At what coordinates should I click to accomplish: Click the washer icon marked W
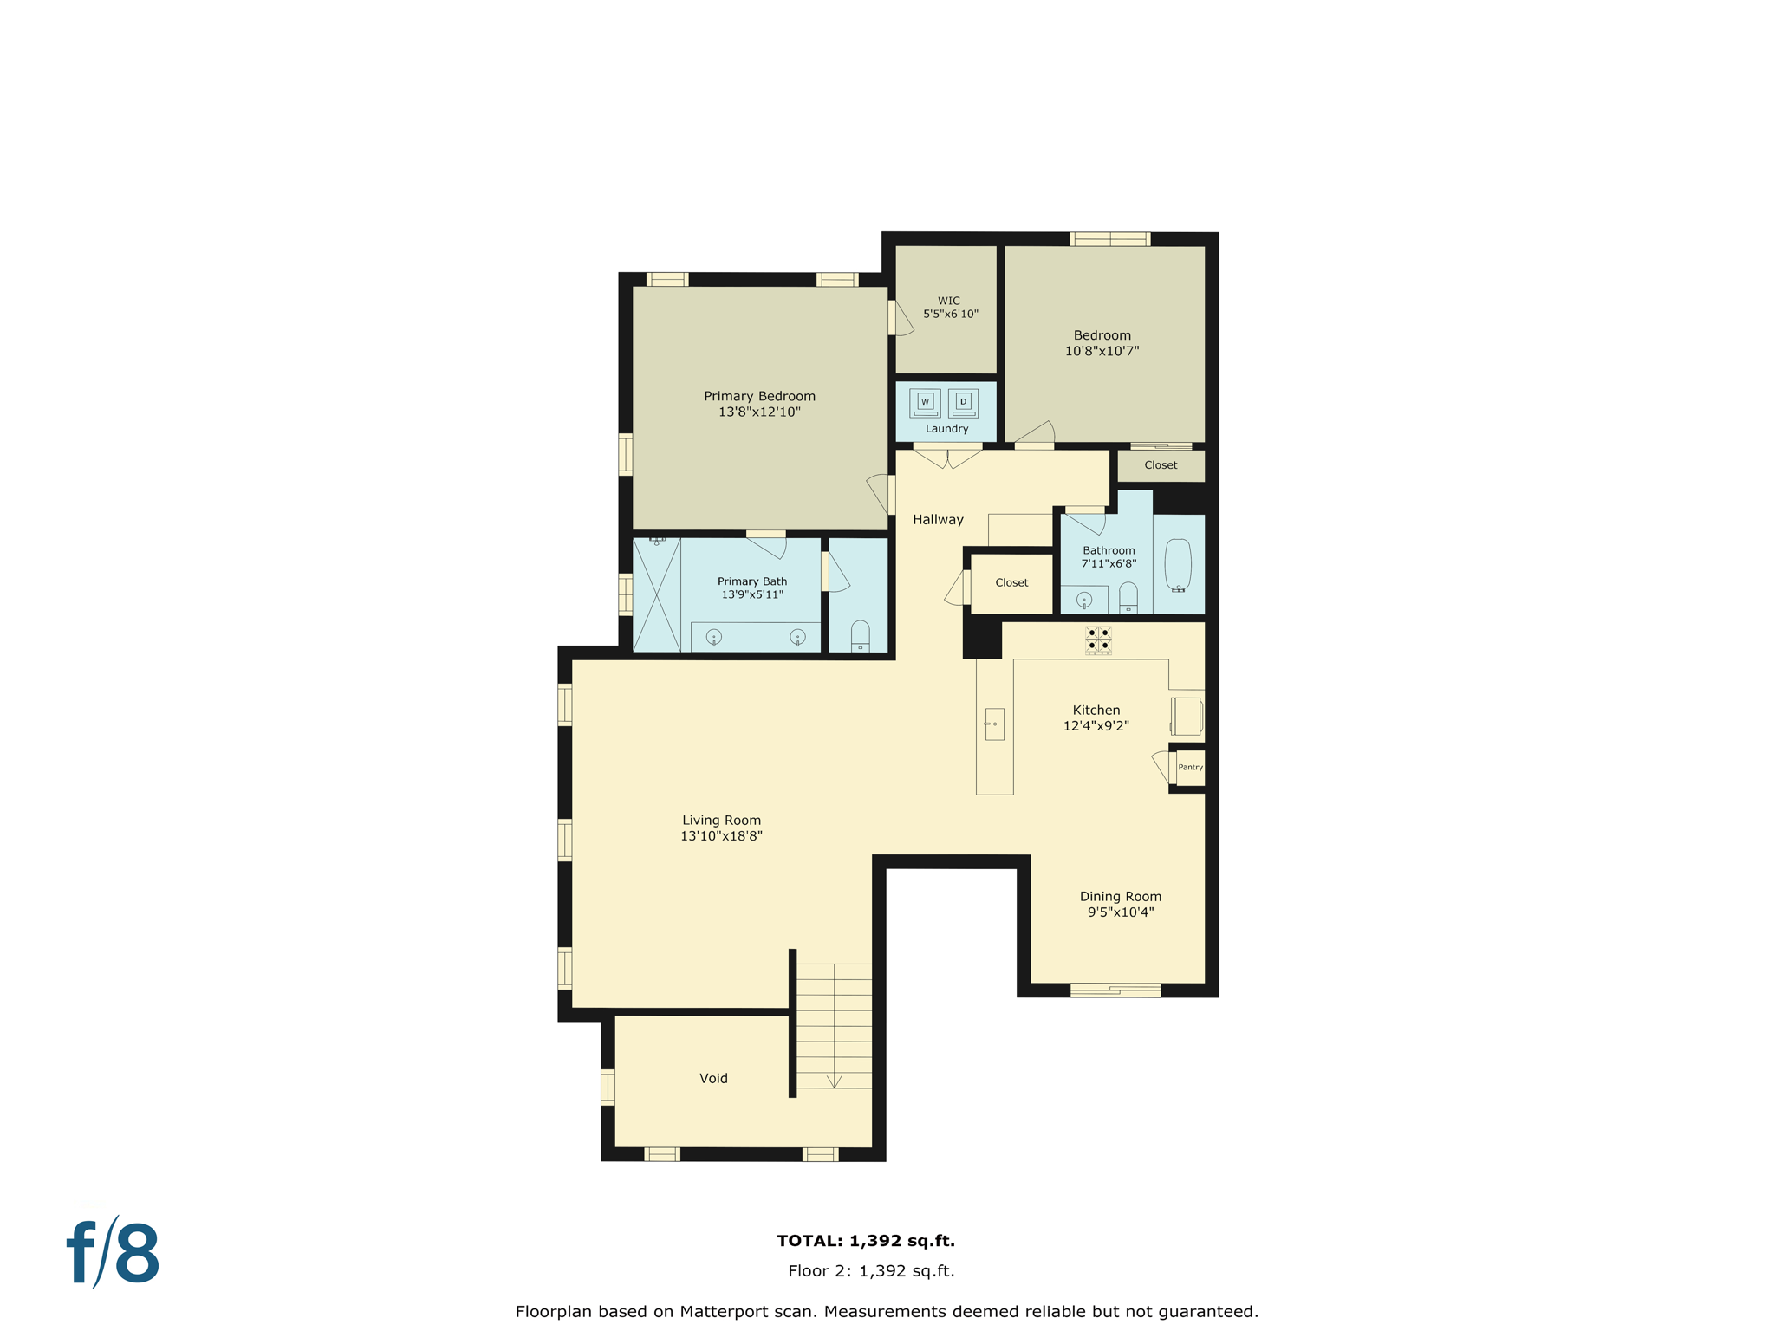point(925,402)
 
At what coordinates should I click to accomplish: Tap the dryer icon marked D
point(963,402)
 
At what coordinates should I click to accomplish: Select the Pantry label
point(1190,767)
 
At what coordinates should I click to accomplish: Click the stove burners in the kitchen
point(1098,640)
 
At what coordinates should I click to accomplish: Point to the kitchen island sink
point(994,724)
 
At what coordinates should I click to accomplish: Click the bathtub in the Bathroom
point(1178,565)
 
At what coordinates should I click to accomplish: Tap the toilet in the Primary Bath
point(860,635)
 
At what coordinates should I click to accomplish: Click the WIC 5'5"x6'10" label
point(950,308)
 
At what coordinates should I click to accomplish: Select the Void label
point(713,1078)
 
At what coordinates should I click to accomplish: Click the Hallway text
point(938,519)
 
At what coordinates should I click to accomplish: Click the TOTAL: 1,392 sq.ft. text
point(865,1240)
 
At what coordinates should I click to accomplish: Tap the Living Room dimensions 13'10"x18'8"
point(721,835)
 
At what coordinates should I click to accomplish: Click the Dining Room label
point(1120,896)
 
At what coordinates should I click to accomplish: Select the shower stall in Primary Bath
point(656,594)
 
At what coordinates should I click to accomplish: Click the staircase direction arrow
point(834,1081)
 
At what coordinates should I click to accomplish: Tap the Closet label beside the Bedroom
point(1161,464)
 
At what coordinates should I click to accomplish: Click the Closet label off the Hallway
point(1011,582)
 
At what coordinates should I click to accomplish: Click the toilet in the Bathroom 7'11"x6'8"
point(1128,598)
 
